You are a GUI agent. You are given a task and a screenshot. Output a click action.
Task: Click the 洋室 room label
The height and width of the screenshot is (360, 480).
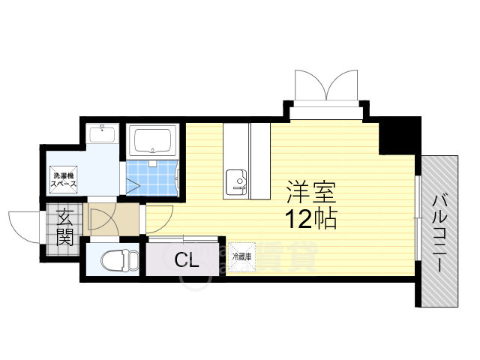(310, 193)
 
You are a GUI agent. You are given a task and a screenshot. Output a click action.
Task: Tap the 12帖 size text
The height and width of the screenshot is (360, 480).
(310, 219)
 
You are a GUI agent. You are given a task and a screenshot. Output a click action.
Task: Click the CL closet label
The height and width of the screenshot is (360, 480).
(187, 261)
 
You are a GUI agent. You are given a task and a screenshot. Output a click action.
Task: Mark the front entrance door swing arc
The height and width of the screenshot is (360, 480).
(22, 225)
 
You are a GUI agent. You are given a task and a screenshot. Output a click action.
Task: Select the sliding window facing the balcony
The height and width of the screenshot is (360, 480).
(416, 217)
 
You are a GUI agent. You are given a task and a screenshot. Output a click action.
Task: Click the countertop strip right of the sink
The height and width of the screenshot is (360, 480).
(259, 161)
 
